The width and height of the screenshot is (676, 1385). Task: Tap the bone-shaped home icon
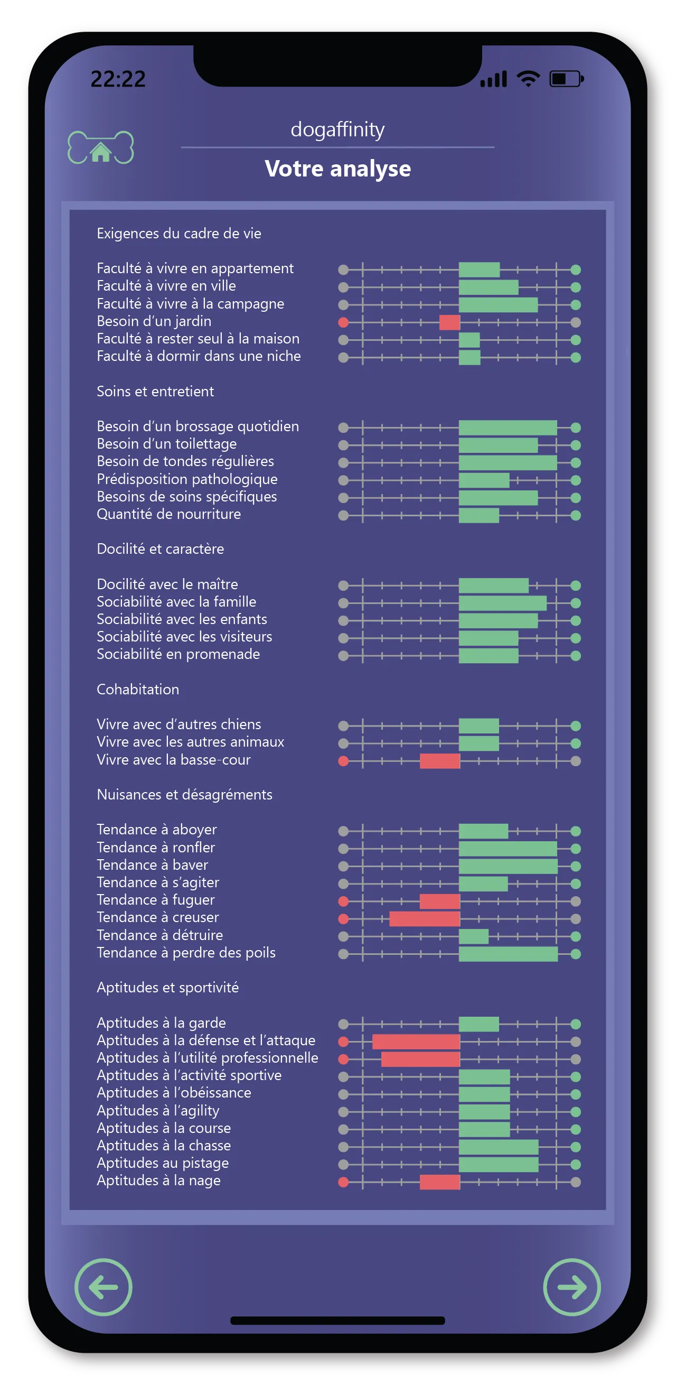(100, 147)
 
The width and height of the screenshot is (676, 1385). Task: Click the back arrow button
(103, 1287)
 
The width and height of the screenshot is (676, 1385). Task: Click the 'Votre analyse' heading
(337, 169)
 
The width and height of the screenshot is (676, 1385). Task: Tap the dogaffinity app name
(337, 129)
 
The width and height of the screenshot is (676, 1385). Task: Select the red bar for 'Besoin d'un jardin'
(449, 322)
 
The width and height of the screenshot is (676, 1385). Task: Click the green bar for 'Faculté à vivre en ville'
(489, 287)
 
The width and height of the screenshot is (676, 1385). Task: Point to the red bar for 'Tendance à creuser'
(425, 918)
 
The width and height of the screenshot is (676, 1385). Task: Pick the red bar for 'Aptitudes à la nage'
(439, 1182)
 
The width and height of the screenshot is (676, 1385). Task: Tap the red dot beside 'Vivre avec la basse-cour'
(343, 761)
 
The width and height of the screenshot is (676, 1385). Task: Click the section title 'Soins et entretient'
(155, 392)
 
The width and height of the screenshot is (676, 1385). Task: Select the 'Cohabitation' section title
(137, 689)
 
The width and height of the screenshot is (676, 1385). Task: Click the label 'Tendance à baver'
(153, 865)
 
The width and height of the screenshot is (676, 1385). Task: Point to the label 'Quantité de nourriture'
(168, 514)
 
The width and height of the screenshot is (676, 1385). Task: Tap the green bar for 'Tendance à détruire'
(473, 936)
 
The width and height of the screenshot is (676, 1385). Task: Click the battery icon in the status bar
(566, 79)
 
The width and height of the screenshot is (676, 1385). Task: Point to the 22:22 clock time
(118, 80)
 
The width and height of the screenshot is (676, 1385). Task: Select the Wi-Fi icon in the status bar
(528, 79)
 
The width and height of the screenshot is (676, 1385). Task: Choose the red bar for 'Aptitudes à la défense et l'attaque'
(416, 1042)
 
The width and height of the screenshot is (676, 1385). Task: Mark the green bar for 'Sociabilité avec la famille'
(502, 603)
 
